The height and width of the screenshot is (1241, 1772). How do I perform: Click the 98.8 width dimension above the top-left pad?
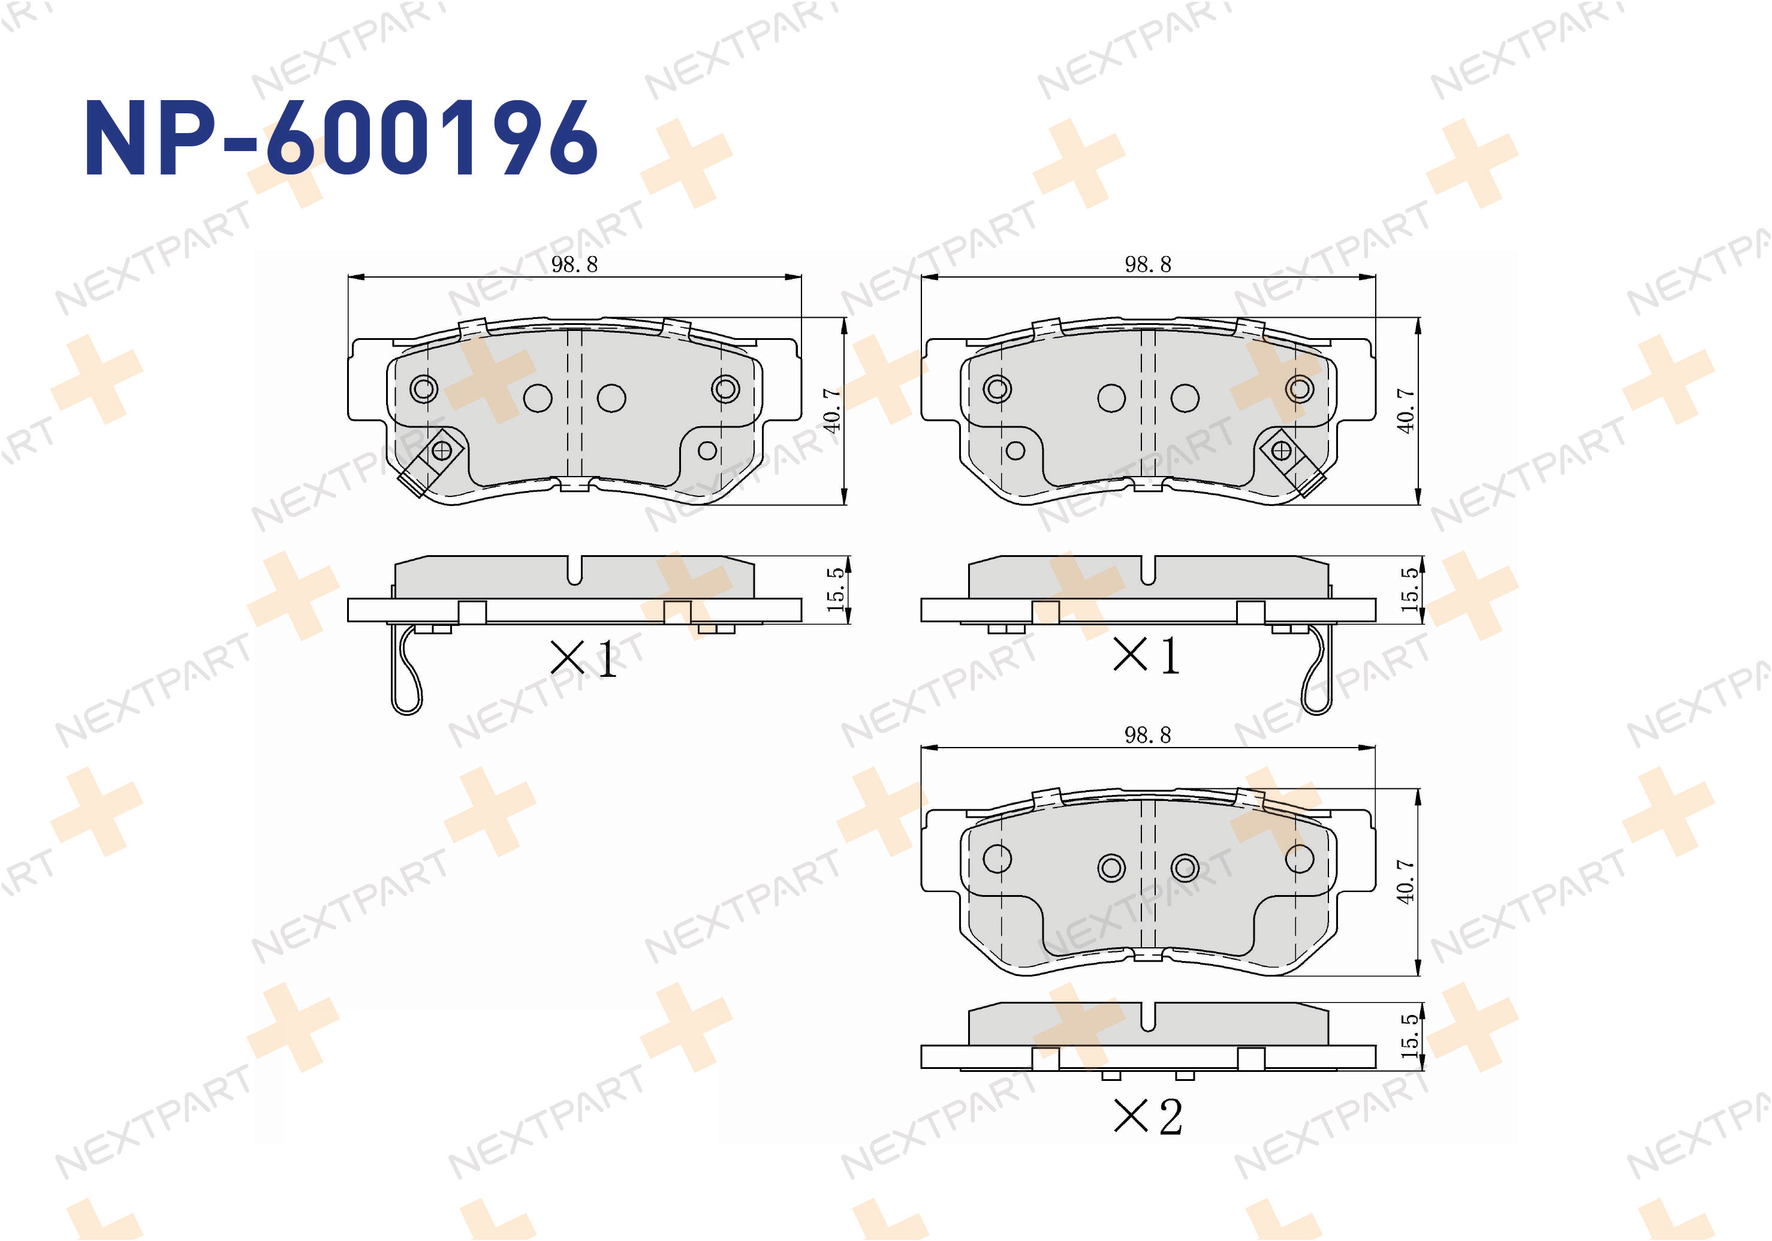(574, 265)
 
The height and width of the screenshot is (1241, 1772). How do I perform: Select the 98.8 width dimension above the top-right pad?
(1147, 265)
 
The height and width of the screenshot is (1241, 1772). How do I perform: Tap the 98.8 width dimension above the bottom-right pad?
(1147, 735)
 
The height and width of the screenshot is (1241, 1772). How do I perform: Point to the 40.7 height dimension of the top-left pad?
(832, 411)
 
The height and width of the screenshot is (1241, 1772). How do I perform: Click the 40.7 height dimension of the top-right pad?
(1406, 411)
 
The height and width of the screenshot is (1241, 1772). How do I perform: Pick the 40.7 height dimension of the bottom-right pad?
(1406, 881)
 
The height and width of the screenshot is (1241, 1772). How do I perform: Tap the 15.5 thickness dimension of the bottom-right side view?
(1410, 1036)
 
